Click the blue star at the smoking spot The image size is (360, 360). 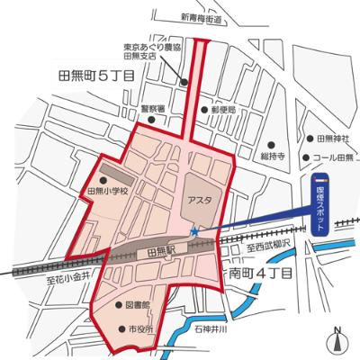pyautogui.click(x=194, y=233)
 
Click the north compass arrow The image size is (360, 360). pyautogui.click(x=337, y=339)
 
